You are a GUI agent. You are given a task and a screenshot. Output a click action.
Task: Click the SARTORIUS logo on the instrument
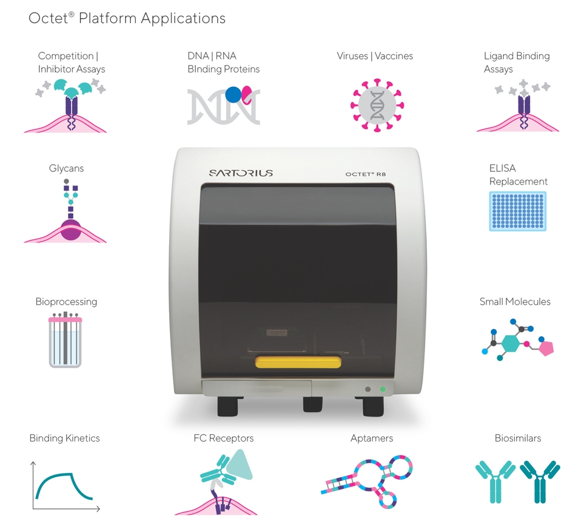tap(241, 173)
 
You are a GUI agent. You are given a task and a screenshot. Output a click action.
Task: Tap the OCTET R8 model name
tap(366, 174)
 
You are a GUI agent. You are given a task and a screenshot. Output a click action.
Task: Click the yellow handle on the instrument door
tap(298, 363)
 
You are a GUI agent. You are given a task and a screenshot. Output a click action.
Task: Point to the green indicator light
tap(382, 389)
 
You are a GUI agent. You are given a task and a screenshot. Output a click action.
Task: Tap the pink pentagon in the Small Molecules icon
tap(545, 348)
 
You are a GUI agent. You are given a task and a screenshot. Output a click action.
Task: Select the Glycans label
tap(66, 168)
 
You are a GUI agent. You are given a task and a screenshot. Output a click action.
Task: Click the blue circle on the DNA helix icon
tap(233, 95)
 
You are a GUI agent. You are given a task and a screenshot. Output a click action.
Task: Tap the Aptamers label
tap(372, 438)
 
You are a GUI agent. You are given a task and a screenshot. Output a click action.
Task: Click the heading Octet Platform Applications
tap(127, 18)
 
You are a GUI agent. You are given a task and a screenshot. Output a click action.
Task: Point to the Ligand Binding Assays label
tap(516, 63)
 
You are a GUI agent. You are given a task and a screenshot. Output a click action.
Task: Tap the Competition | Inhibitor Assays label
tap(71, 63)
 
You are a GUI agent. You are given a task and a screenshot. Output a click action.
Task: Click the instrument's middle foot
tap(312, 405)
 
